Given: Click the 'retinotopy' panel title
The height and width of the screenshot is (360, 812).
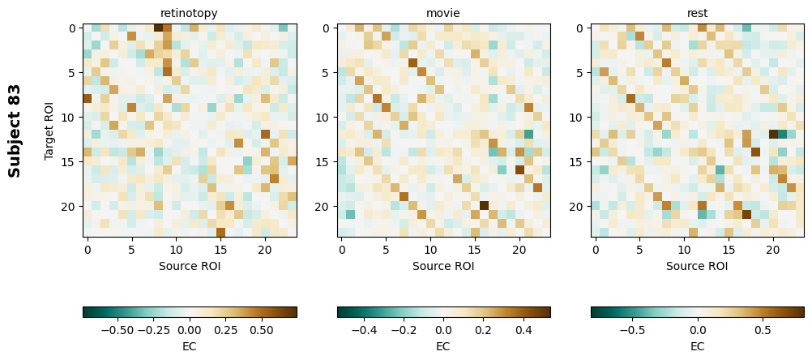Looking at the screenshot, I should click(189, 14).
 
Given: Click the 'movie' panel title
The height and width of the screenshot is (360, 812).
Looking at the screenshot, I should click(442, 14).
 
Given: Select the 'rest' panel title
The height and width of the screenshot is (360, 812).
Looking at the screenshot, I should click(697, 14).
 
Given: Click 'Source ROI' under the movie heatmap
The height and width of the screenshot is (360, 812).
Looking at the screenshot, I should click(442, 265).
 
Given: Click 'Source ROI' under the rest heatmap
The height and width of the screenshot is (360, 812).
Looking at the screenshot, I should click(697, 265).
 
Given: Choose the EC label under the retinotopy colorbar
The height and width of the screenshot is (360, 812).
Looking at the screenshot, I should click(189, 346).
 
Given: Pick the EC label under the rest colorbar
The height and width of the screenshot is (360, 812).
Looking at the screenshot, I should click(697, 346).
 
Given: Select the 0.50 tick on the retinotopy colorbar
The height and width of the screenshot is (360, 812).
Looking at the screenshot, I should click(262, 330).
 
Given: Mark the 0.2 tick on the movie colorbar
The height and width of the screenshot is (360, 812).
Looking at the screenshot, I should click(484, 330).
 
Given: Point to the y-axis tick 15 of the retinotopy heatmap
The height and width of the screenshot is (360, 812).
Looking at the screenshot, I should click(72, 161).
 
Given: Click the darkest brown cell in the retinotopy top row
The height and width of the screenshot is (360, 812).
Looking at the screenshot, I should click(159, 28).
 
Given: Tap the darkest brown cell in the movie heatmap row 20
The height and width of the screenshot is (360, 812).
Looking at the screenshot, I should click(484, 206).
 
